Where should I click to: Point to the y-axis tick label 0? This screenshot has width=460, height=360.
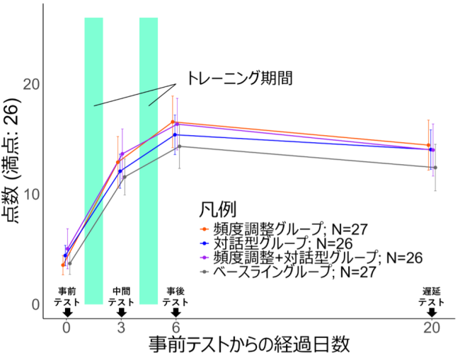(x=35, y=304)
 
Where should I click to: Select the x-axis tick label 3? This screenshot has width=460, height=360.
(x=121, y=327)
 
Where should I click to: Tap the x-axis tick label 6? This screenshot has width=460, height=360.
(x=176, y=327)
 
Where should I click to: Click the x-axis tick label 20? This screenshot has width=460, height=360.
(x=431, y=327)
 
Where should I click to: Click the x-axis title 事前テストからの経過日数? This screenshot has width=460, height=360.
(x=249, y=346)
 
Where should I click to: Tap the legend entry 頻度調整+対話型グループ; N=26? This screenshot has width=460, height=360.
(x=312, y=257)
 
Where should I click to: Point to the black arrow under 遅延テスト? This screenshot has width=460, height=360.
(x=431, y=313)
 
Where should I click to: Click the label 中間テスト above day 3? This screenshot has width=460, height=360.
(x=121, y=296)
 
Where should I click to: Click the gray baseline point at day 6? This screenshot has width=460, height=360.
(x=179, y=146)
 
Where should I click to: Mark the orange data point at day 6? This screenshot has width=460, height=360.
(x=173, y=122)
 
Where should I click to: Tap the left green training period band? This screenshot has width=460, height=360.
(x=93, y=161)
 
